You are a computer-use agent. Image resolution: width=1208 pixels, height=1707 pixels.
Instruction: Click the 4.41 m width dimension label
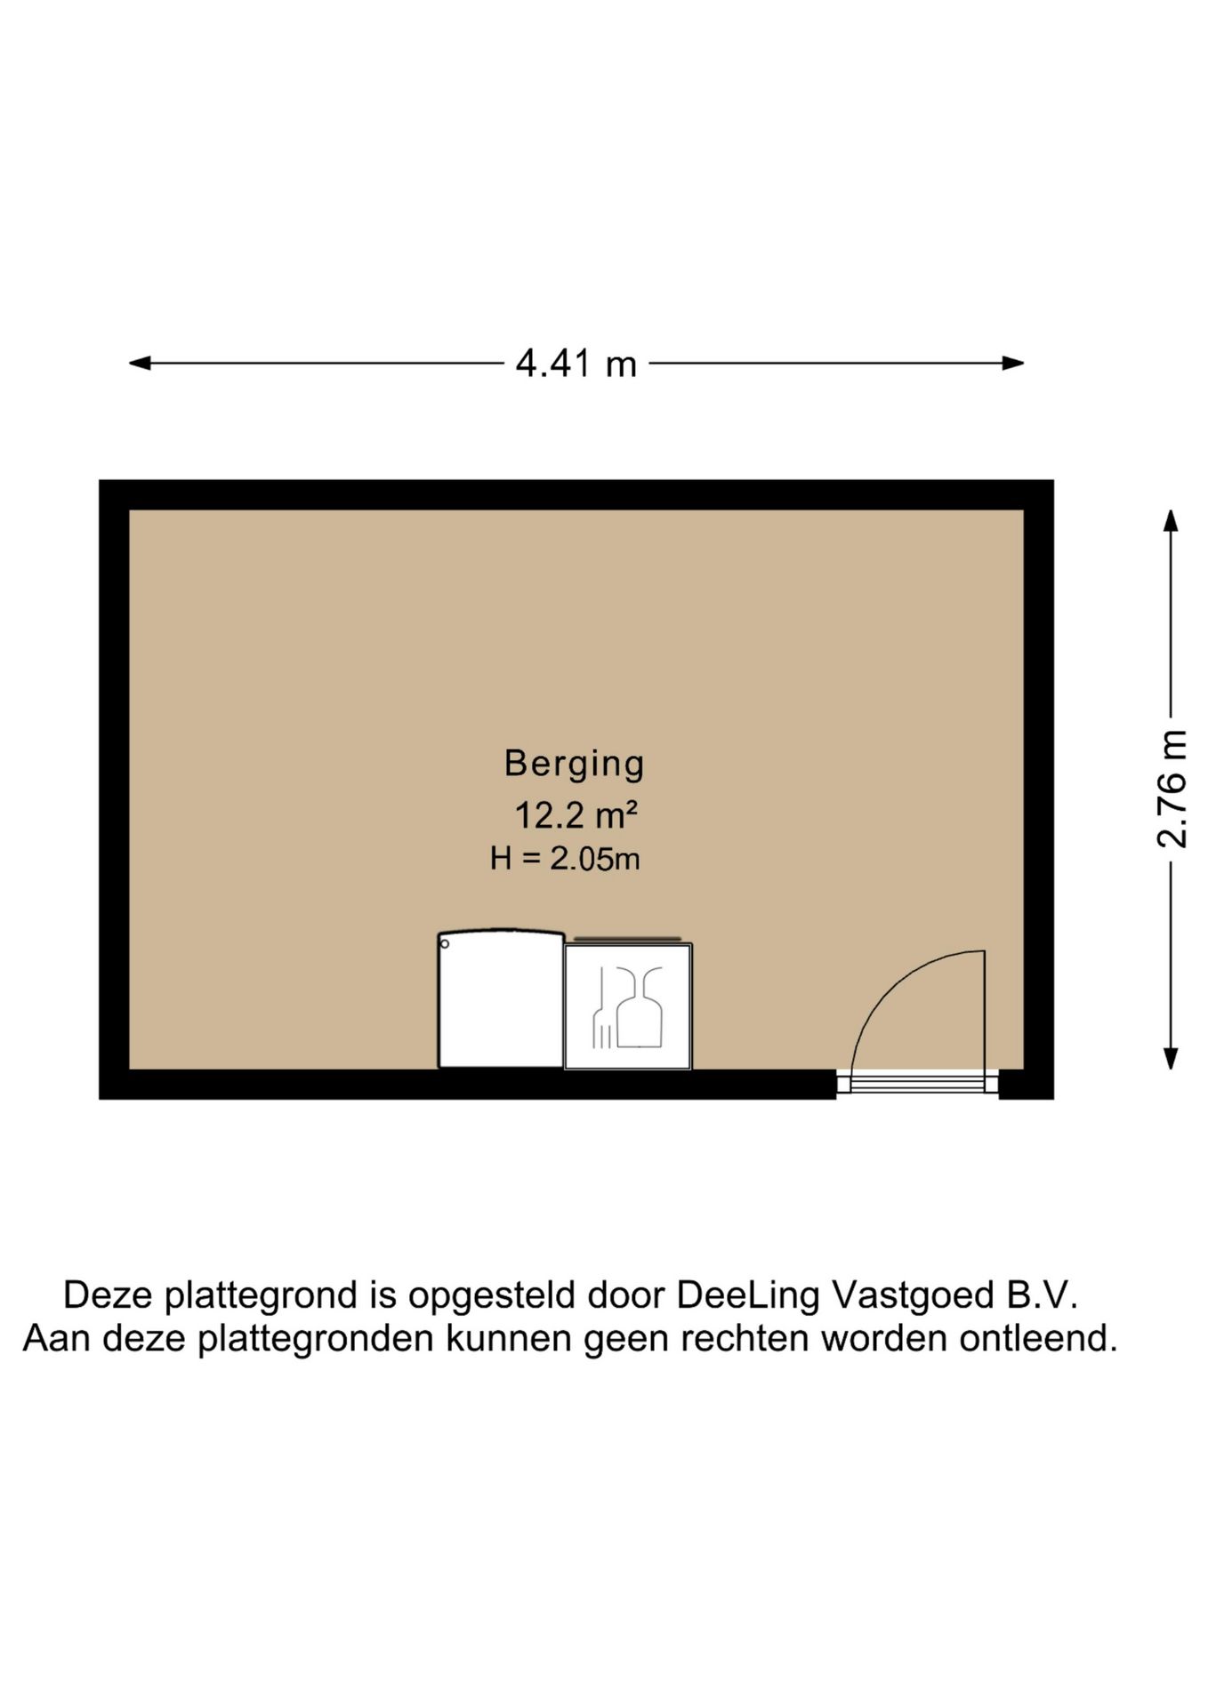tap(576, 364)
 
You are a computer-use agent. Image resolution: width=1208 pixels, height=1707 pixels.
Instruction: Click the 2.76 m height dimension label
tap(1172, 789)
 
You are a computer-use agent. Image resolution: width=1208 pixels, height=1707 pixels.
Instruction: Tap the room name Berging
tap(574, 764)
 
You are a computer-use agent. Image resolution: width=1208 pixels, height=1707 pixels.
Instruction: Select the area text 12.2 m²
tap(576, 814)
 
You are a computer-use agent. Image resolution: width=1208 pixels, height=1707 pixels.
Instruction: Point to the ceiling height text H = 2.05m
tap(565, 859)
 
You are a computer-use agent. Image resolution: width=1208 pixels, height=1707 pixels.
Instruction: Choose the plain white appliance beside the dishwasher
tap(501, 999)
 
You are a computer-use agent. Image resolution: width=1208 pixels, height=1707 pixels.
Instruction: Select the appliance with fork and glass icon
tap(628, 1006)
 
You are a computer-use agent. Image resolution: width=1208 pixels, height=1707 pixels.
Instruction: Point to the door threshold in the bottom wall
tap(917, 1083)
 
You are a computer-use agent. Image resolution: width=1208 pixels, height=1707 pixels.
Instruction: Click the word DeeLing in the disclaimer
tap(747, 1295)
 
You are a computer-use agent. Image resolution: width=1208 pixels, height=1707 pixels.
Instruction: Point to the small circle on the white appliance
tap(445, 943)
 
